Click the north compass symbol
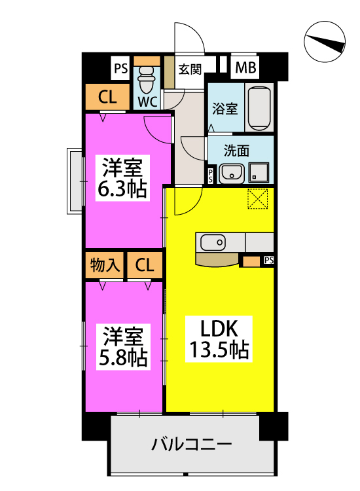(325, 42)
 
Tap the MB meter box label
(245, 67)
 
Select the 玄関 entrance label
(190, 69)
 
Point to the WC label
(147, 101)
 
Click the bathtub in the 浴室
(259, 108)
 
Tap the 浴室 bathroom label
(225, 108)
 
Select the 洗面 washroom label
(236, 151)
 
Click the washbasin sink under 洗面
(231, 173)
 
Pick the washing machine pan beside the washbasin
(259, 173)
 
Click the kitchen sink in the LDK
(213, 242)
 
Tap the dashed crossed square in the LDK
(258, 198)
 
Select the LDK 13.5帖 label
(219, 339)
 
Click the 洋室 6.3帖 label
(122, 178)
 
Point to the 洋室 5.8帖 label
(123, 346)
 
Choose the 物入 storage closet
(105, 265)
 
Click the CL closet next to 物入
(145, 265)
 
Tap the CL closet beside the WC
(107, 97)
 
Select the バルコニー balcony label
(191, 445)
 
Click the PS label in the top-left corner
(120, 68)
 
